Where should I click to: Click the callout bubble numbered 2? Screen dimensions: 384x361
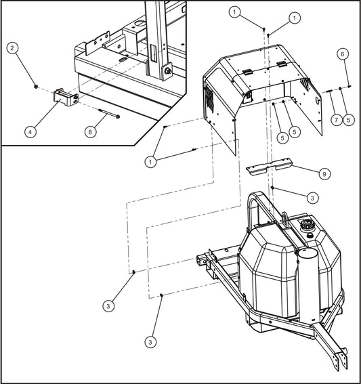[13, 47]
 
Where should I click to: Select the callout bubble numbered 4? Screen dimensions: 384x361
[30, 132]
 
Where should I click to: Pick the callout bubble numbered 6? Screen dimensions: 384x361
[343, 54]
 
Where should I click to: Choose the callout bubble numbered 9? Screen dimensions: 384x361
[324, 174]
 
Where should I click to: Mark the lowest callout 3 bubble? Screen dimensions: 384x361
[149, 343]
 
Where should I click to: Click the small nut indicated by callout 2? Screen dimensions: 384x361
[35, 87]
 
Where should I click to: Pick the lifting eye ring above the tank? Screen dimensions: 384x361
[285, 218]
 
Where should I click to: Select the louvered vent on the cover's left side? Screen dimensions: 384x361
[209, 101]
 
